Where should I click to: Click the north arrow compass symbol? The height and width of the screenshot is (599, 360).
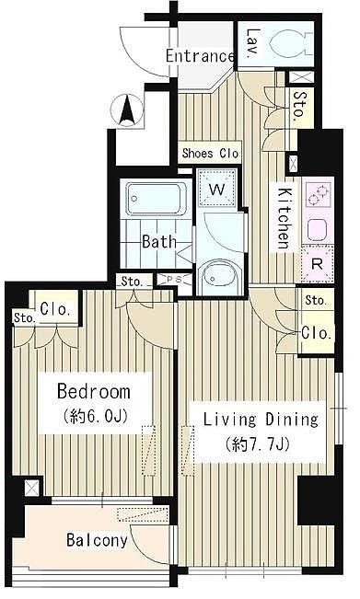(127, 110)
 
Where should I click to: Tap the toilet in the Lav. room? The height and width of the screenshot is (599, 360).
(287, 42)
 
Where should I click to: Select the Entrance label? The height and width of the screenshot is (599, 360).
(200, 56)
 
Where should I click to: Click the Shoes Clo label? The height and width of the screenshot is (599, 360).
(210, 154)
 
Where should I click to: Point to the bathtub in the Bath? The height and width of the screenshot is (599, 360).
(157, 199)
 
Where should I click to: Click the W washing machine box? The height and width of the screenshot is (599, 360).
(216, 189)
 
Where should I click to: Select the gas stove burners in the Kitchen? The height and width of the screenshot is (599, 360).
(319, 194)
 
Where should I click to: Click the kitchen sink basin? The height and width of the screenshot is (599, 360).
(318, 230)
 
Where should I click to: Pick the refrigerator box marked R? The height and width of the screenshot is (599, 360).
(318, 264)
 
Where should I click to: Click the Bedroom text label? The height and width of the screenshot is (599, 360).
(93, 392)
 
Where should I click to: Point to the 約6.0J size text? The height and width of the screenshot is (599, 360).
(95, 417)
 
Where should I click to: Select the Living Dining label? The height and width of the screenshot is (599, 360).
(261, 420)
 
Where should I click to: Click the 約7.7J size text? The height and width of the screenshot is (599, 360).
(257, 443)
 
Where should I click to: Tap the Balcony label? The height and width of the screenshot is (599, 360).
(97, 540)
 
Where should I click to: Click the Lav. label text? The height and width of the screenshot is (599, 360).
(253, 44)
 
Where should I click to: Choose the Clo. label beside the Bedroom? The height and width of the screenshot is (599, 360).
(56, 309)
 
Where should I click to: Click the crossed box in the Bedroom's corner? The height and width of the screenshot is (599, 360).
(31, 489)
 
